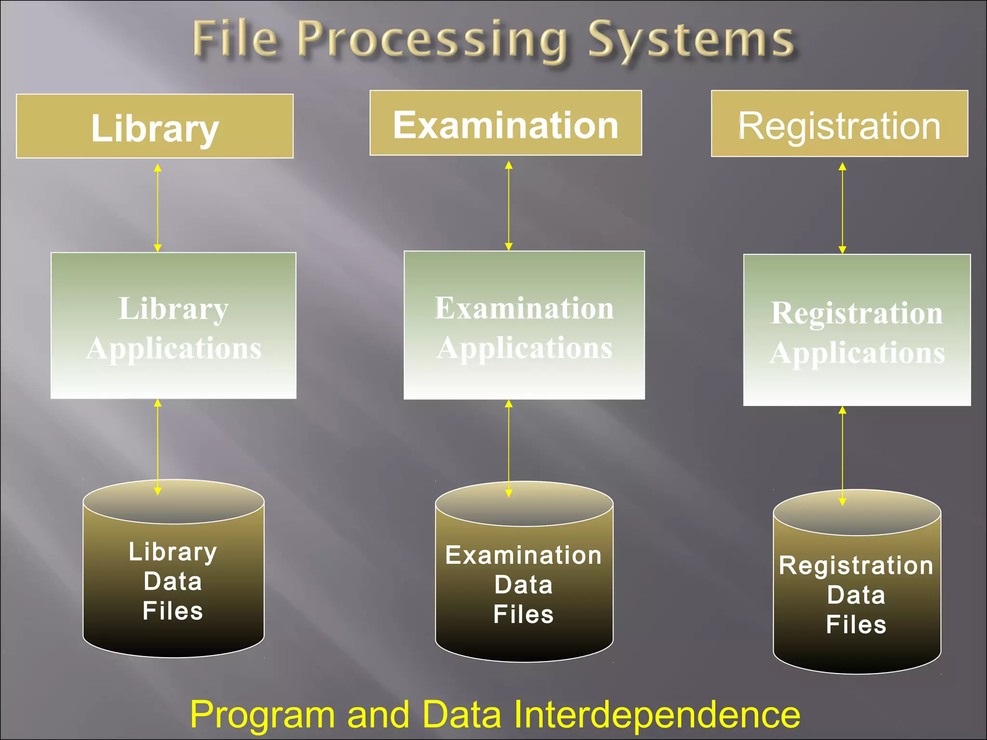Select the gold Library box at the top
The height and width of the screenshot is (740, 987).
coord(155,126)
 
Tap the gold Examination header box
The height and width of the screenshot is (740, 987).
coord(506,123)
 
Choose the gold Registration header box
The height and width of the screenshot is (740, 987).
coord(840,124)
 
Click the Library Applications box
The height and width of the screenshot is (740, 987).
coord(173,326)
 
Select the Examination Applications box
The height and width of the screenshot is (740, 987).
coord(524,325)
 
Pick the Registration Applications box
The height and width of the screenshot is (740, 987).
coord(857,330)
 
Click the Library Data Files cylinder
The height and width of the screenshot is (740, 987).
coord(173,578)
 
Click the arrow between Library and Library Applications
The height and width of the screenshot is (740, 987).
coord(158,208)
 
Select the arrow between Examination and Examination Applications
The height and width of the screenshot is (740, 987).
coord(508,206)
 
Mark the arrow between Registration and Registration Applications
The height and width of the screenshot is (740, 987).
coord(842,208)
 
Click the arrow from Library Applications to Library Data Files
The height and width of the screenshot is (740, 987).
coord(158,447)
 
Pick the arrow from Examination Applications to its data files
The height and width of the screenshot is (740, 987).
coord(508,449)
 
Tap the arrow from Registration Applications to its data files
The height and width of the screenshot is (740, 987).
coord(842,456)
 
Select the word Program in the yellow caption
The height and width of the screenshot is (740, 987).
coord(262,715)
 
